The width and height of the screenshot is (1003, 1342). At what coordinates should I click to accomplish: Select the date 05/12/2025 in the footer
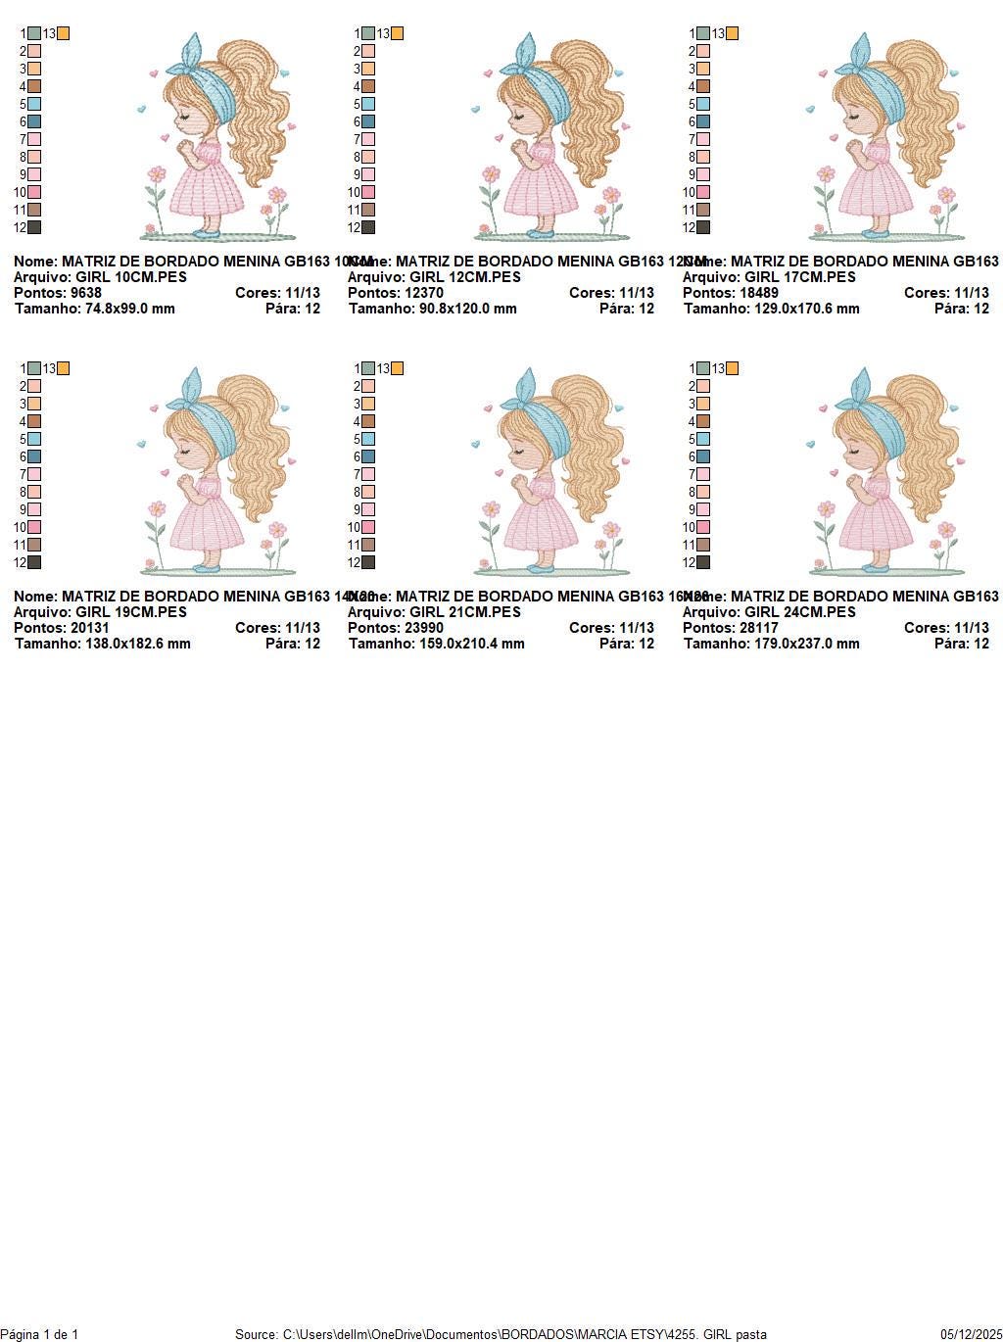coord(971,1334)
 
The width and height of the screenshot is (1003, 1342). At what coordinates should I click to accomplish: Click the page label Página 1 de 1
coord(40,1334)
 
